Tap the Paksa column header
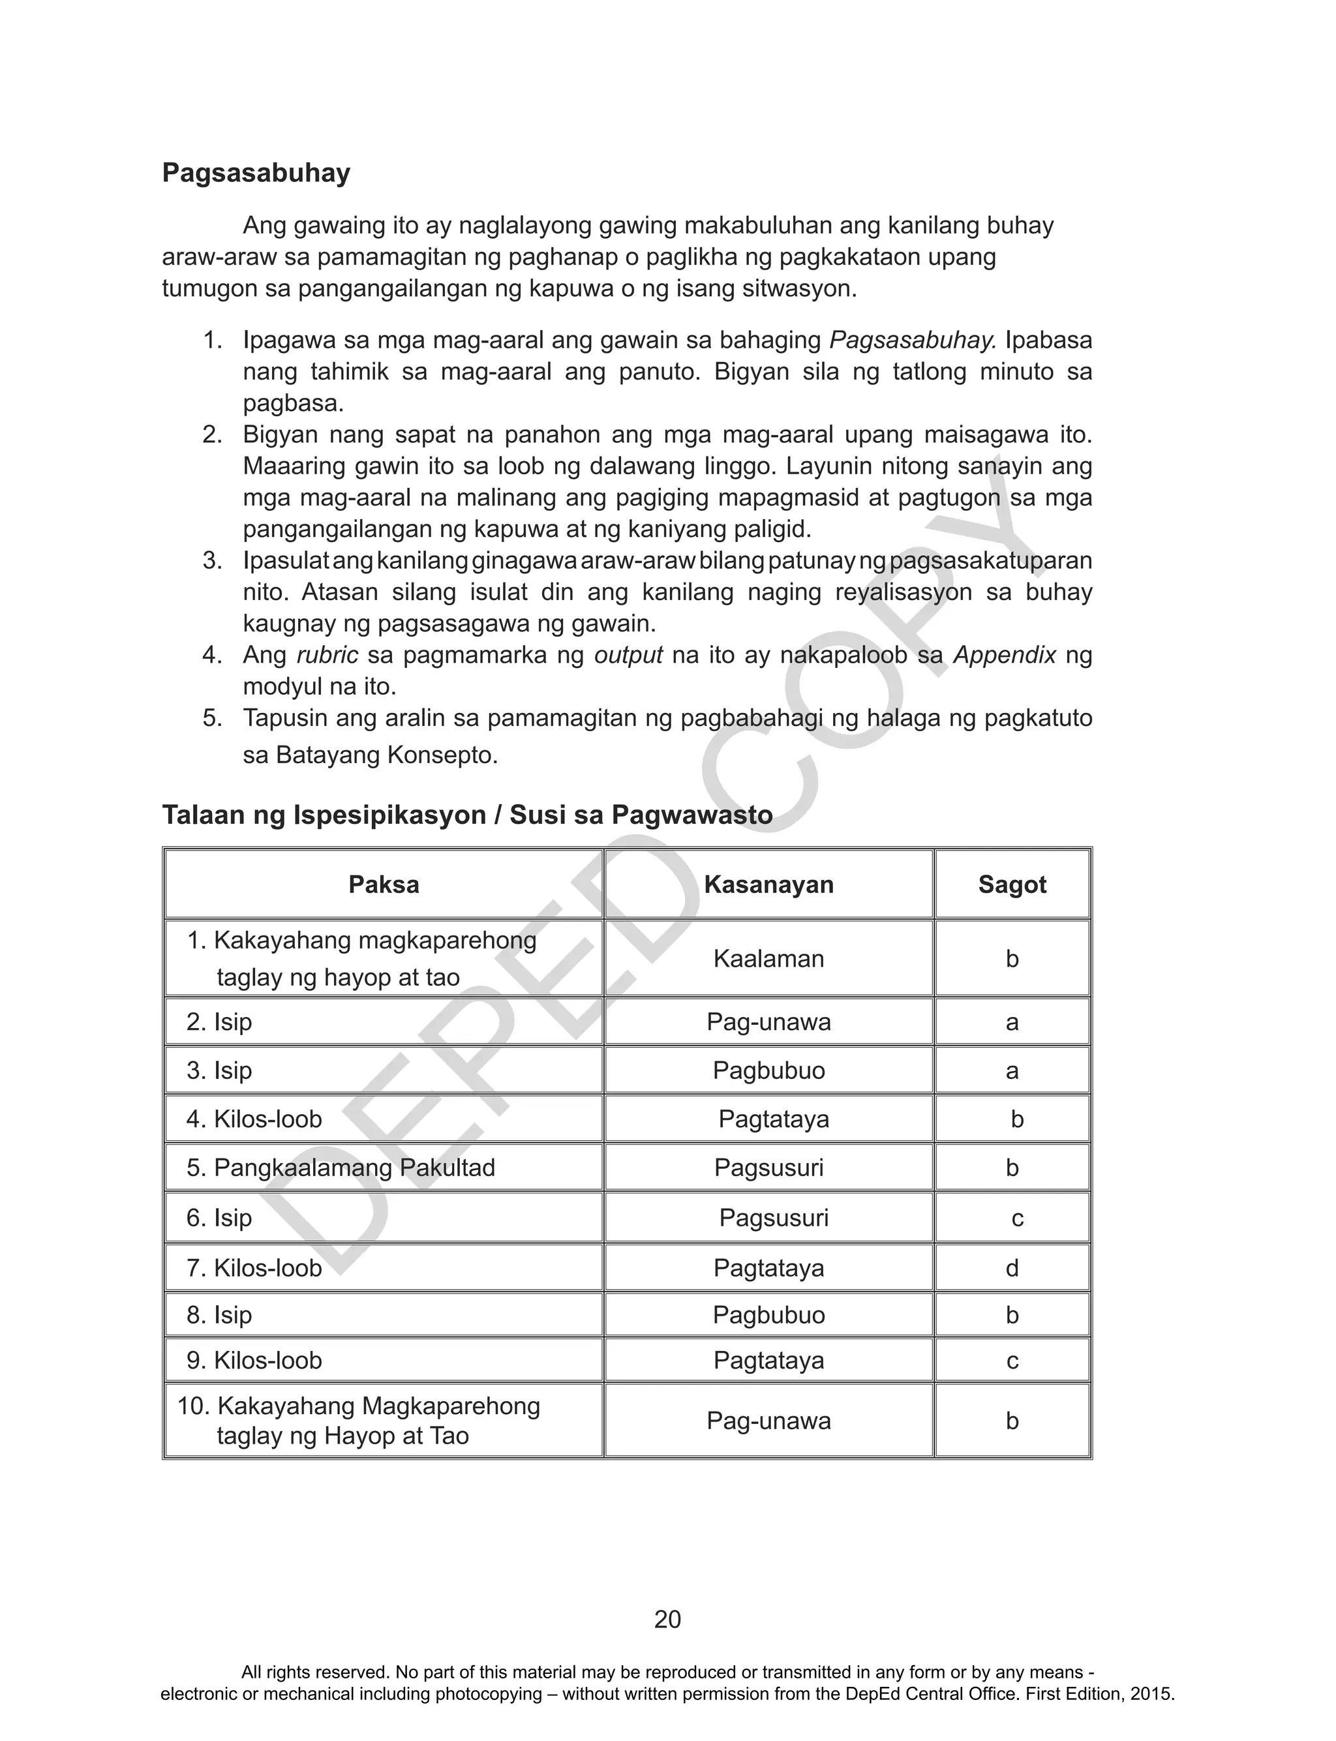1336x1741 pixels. (x=384, y=885)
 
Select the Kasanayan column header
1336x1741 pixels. (x=768, y=885)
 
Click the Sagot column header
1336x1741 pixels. (x=1012, y=885)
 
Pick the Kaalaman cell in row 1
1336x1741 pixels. (x=768, y=959)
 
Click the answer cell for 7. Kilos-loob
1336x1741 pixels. (x=1012, y=1268)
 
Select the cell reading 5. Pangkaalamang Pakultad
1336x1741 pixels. (x=341, y=1168)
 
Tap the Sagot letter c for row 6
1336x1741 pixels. (x=1017, y=1218)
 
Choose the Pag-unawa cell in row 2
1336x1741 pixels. (x=768, y=1022)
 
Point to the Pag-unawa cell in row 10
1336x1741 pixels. (x=768, y=1421)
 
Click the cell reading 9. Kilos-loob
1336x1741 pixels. (x=254, y=1360)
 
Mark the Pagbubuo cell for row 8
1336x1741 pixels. (x=768, y=1315)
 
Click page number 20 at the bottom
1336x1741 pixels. (x=667, y=1620)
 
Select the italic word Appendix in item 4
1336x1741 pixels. (x=1005, y=656)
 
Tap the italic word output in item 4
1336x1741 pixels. (x=628, y=656)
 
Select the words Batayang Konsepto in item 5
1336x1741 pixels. (x=386, y=755)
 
